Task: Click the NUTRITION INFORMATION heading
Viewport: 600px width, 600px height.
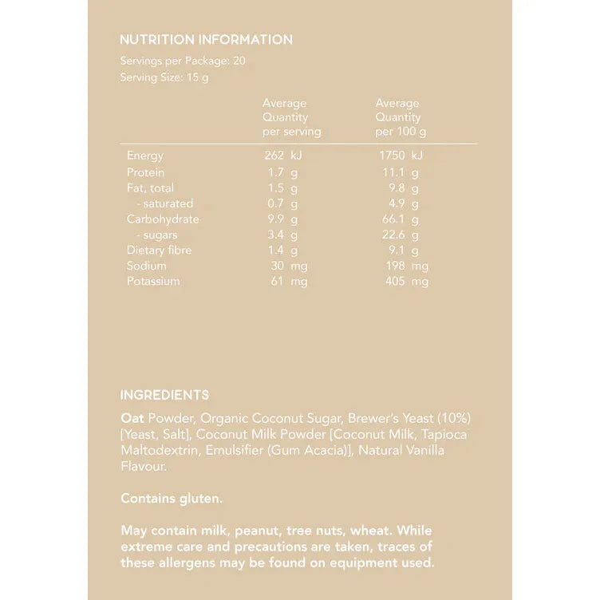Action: click(x=206, y=39)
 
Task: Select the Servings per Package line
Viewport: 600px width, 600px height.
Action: click(x=183, y=61)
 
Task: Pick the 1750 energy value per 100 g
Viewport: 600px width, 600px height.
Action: click(x=393, y=156)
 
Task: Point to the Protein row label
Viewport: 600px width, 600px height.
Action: click(x=145, y=172)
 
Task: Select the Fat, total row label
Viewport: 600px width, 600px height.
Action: click(x=150, y=187)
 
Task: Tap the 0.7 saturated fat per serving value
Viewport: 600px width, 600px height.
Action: click(x=277, y=203)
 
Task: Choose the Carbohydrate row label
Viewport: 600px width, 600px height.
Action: click(x=163, y=219)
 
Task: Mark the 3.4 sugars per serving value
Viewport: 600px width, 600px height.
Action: click(x=277, y=235)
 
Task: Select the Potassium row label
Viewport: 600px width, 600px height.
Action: click(x=153, y=281)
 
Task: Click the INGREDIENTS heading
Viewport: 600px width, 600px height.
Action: click(x=164, y=395)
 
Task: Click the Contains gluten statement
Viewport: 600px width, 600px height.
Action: click(x=172, y=498)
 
